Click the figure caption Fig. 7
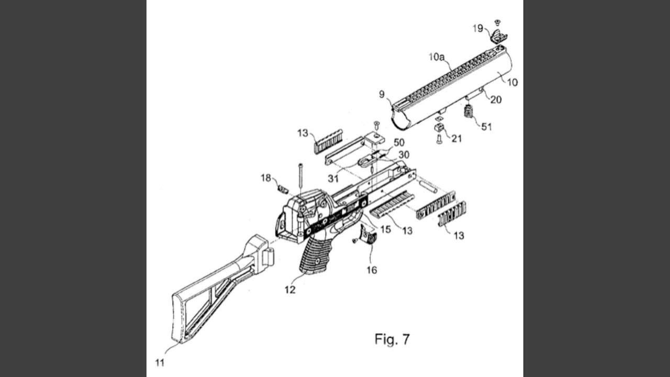(x=392, y=339)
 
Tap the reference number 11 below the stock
(x=160, y=363)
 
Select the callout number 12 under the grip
(x=290, y=290)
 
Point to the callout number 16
(x=372, y=270)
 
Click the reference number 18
(x=266, y=178)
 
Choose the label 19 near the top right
(x=478, y=28)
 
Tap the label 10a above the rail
(x=437, y=57)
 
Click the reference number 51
(x=486, y=127)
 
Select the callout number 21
(x=456, y=139)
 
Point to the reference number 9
(x=382, y=94)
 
